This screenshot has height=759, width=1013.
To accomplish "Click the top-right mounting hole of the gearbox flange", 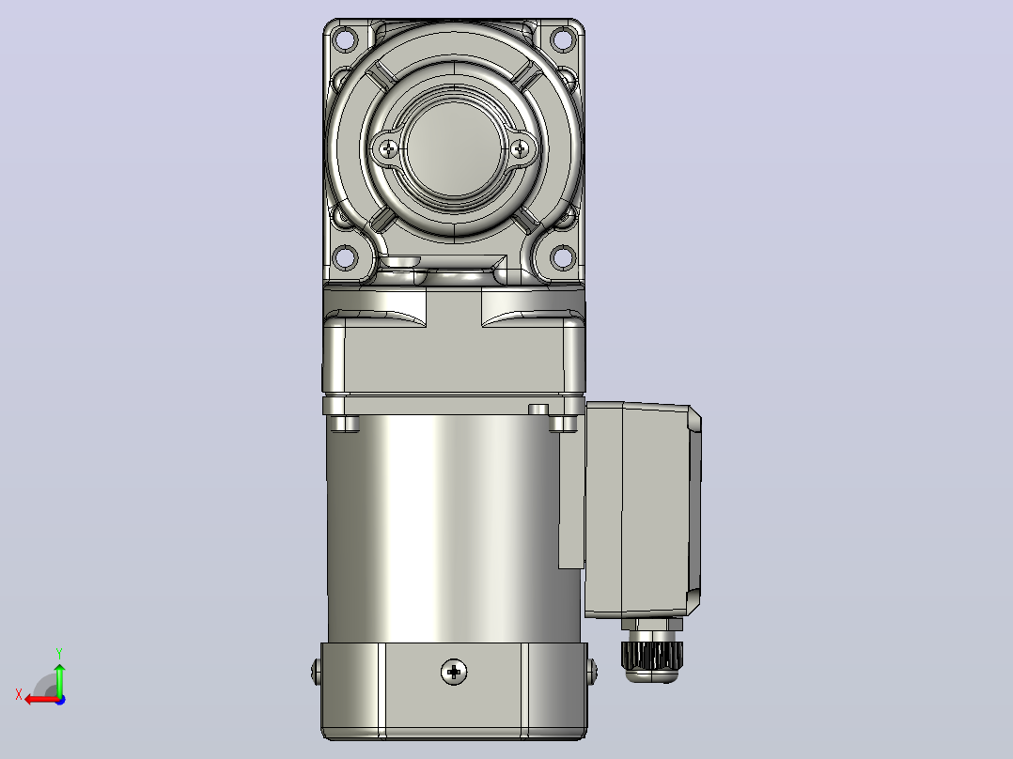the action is pyautogui.click(x=563, y=39).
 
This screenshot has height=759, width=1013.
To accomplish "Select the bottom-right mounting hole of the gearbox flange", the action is pyautogui.click(x=563, y=257).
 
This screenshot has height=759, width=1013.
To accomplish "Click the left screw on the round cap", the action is pyautogui.click(x=388, y=149).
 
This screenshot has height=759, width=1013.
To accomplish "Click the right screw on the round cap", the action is pyautogui.click(x=520, y=149).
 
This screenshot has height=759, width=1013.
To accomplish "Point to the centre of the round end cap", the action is pyautogui.click(x=454, y=149).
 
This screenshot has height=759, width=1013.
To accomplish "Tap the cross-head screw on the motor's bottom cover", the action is pyautogui.click(x=454, y=672).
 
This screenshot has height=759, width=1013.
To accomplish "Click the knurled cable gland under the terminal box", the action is pyautogui.click(x=650, y=654).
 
